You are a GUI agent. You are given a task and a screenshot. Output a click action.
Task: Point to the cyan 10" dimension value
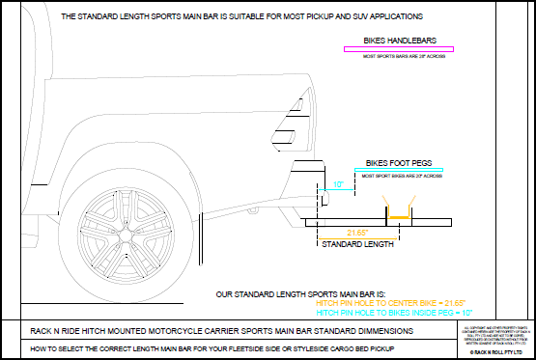coord(338,183)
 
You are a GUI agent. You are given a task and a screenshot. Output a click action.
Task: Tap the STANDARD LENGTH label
coord(358,245)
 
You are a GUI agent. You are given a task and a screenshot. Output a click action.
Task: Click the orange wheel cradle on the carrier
coord(397,215)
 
